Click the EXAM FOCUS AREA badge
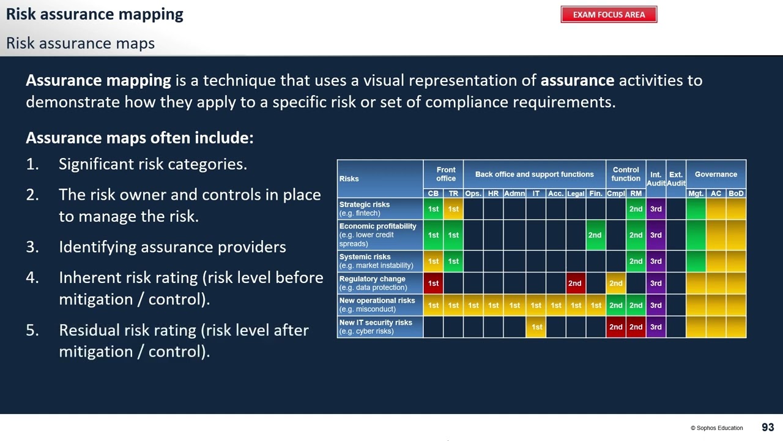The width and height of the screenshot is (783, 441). (x=609, y=15)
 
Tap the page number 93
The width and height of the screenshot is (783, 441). (x=768, y=428)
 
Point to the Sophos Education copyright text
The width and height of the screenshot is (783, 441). (x=716, y=428)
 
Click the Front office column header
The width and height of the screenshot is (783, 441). (x=445, y=175)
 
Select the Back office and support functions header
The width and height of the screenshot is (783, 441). (x=534, y=175)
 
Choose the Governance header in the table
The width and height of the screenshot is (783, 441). (x=716, y=175)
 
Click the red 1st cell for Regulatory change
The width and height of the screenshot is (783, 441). (x=433, y=283)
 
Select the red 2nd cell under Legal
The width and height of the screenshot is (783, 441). (x=575, y=283)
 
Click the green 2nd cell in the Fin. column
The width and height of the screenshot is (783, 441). (x=595, y=235)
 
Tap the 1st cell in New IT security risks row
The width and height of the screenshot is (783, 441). (x=536, y=327)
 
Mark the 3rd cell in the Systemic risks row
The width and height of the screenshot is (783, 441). (x=656, y=262)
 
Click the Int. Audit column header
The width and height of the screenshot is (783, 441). (x=656, y=179)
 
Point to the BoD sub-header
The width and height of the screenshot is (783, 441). (x=736, y=194)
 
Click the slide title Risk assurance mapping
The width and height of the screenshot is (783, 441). (x=95, y=14)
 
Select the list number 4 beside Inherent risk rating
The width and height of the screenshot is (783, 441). (x=32, y=277)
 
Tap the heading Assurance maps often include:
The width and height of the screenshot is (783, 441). (x=139, y=138)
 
